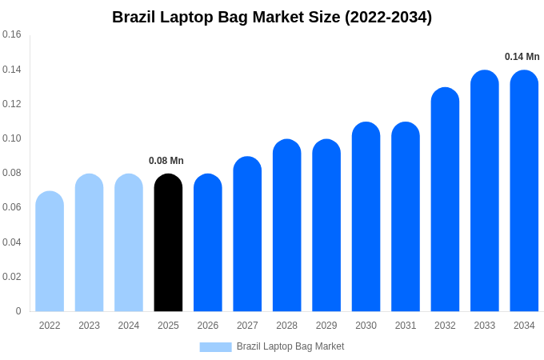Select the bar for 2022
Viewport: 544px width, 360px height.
[x=50, y=251]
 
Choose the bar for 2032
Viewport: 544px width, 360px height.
[x=445, y=199]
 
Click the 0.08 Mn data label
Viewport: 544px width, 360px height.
[x=166, y=161]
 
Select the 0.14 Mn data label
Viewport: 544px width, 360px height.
[x=522, y=57]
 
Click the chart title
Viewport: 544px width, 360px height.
[x=272, y=17]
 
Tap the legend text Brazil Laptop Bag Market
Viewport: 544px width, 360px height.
[x=290, y=346]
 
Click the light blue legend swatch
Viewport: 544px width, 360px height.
[x=215, y=347]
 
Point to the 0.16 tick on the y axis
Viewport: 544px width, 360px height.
[x=12, y=34]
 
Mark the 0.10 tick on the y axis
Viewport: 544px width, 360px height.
[x=12, y=138]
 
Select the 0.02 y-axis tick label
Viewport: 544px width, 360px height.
[x=12, y=277]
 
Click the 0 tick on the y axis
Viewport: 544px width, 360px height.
[x=18, y=311]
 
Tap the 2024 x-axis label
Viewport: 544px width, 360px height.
[x=129, y=326]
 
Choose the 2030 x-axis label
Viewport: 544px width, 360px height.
[x=366, y=326]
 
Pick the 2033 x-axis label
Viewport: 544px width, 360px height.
[x=485, y=326]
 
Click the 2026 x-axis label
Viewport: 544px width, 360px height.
[x=208, y=326]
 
